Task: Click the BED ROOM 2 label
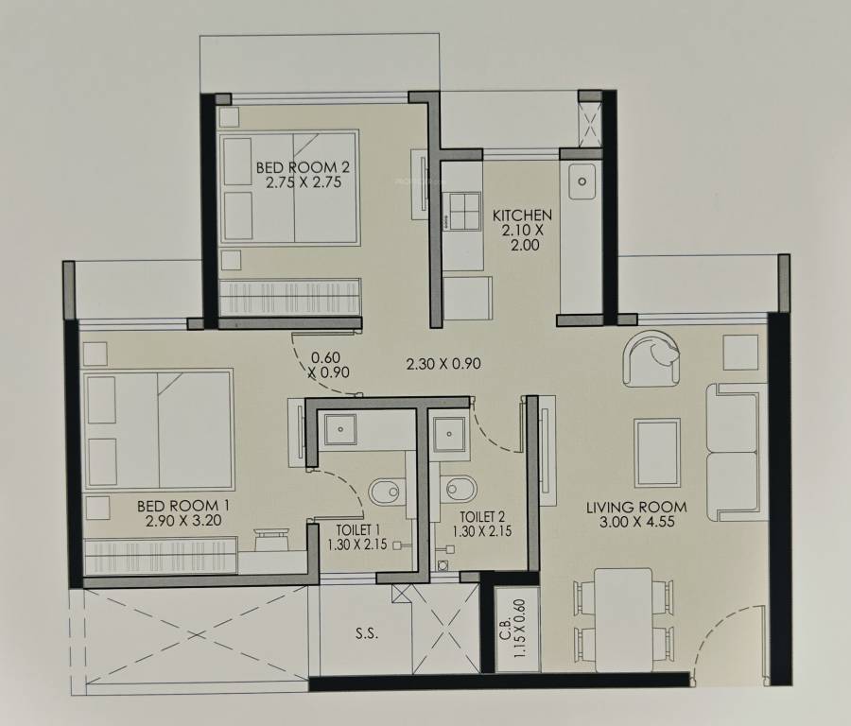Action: [x=297, y=175]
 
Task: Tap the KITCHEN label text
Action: [x=522, y=230]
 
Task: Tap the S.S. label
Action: [x=367, y=634]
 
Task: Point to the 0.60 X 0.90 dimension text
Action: [x=324, y=365]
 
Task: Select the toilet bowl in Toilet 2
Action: [x=460, y=492]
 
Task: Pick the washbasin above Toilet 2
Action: [x=447, y=436]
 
